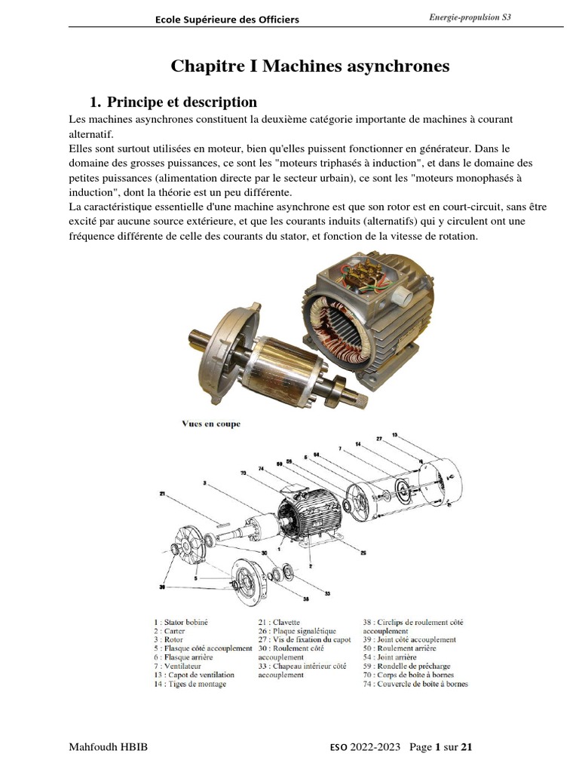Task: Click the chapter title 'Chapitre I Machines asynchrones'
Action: (310, 66)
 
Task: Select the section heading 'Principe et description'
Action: (182, 102)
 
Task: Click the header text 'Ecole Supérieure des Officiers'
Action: (227, 20)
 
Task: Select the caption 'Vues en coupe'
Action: (211, 424)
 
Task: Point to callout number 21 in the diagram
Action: (162, 494)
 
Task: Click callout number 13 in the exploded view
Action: (415, 435)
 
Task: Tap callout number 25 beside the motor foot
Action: (363, 553)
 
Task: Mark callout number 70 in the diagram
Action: (244, 473)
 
